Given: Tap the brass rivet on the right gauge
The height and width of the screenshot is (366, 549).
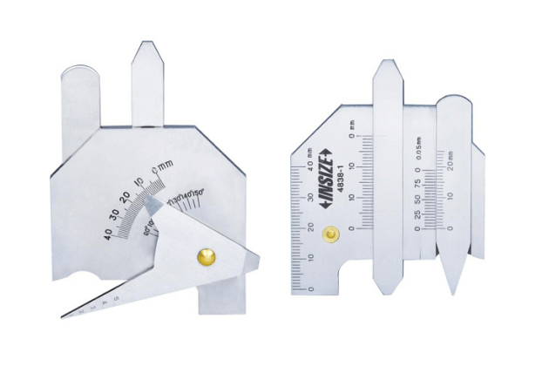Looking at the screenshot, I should (330, 234).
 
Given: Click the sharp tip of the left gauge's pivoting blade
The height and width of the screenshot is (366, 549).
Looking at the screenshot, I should (63, 315).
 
